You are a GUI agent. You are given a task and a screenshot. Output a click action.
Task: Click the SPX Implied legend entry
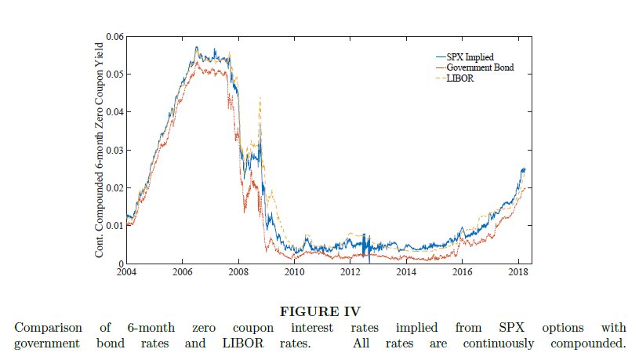pos(470,56)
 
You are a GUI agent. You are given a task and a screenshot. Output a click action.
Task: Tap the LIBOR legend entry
pos(460,78)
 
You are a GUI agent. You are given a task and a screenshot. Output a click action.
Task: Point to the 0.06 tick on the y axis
pos(114,37)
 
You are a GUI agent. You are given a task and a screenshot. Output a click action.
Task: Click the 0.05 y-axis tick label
pos(114,75)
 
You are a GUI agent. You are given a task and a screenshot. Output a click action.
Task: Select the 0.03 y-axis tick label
pos(114,150)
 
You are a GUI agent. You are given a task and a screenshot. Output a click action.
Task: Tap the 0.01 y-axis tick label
pos(114,226)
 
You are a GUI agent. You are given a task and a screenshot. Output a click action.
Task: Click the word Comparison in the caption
pos(48,327)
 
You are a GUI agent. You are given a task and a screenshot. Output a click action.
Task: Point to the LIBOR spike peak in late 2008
pos(260,97)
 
